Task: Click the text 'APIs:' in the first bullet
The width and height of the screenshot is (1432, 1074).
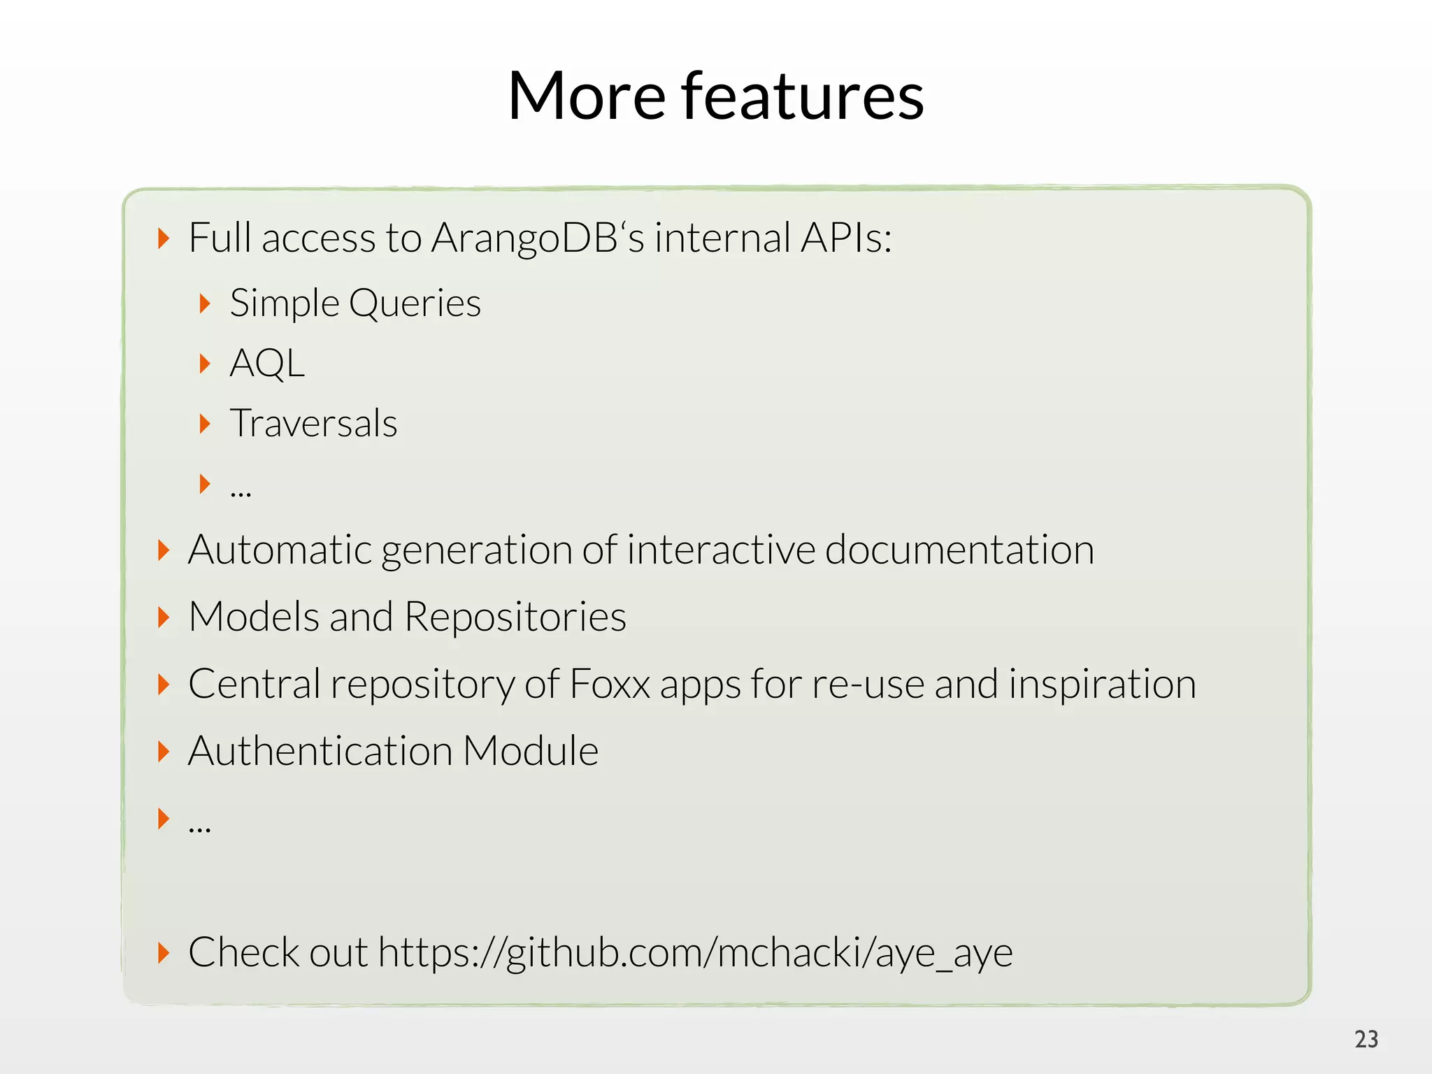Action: coord(846,238)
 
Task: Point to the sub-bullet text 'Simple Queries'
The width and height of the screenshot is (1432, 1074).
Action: coord(355,303)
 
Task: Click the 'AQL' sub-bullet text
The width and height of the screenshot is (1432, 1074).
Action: coord(267,364)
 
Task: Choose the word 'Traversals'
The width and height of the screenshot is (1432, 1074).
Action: coord(313,424)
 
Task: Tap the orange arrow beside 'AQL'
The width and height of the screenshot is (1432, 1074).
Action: coord(205,364)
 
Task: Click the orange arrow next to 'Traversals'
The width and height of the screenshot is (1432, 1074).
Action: coord(205,424)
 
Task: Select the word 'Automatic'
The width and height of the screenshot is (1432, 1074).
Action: coord(280,550)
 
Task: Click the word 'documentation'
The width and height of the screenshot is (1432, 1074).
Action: coord(959,550)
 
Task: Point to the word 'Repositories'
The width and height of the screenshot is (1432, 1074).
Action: coord(515,617)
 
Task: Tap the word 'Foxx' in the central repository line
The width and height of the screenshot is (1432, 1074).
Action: coord(610,684)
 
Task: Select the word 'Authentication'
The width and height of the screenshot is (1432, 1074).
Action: coord(320,751)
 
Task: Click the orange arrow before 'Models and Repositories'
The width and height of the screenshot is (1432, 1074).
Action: coord(164,617)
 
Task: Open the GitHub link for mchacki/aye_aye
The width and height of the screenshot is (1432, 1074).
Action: coord(695,952)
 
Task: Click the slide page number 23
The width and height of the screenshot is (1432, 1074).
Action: coord(1366,1039)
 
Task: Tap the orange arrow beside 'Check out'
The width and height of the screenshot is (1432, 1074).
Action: coord(164,952)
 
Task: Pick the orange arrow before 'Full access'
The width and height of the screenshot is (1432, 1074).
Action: coord(164,238)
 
